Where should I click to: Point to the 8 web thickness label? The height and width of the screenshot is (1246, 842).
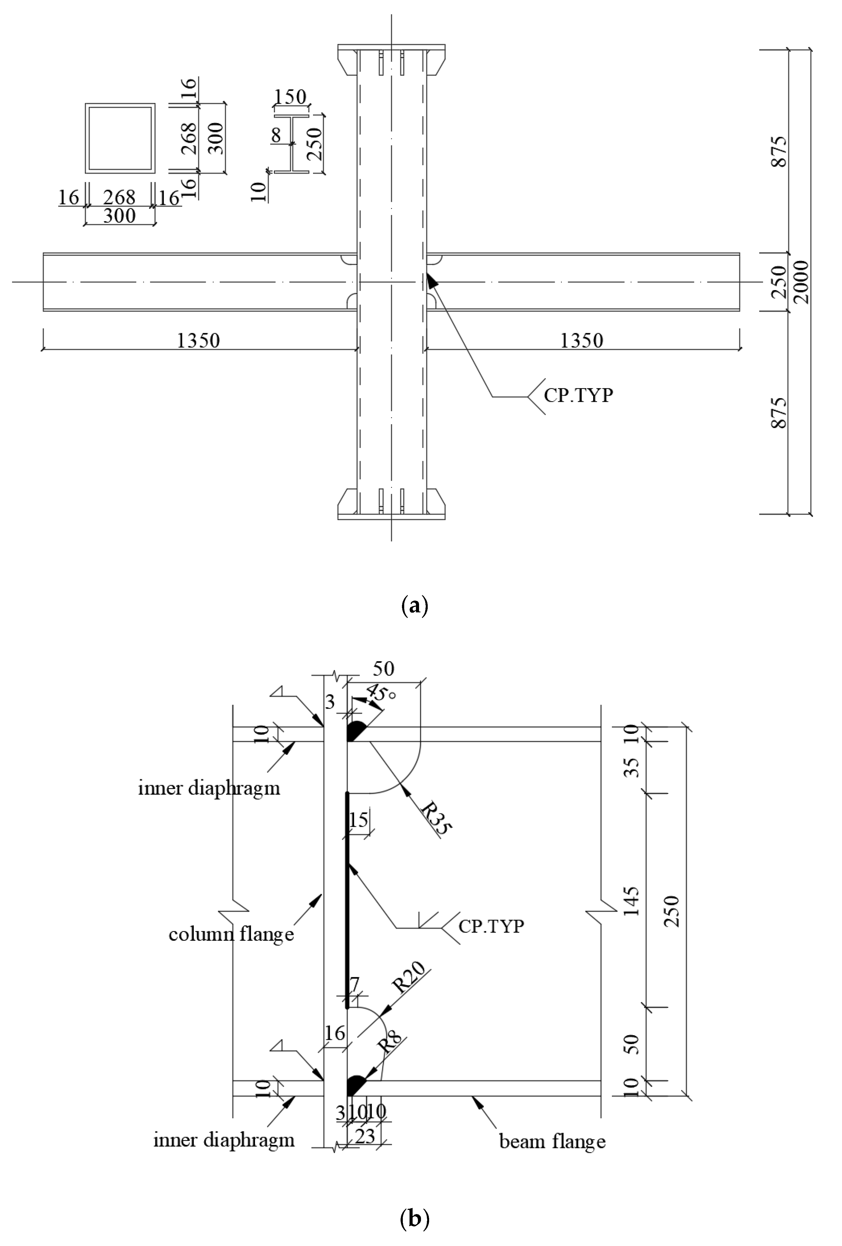pos(276,135)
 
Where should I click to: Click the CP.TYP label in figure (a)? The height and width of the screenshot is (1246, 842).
pos(578,395)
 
